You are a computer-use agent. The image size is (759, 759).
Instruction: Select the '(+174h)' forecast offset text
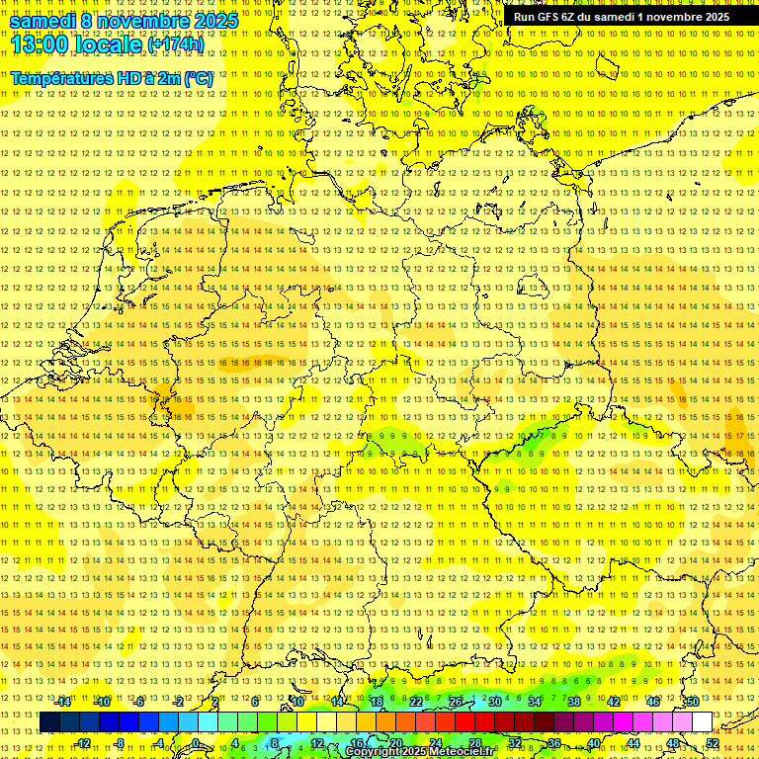coord(176,44)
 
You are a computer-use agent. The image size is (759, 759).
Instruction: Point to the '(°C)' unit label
coord(199,78)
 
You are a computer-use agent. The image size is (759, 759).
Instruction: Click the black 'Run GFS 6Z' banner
coord(621,17)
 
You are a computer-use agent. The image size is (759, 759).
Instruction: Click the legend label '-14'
coord(63,702)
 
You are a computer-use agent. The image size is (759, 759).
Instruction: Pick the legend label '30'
coord(494,702)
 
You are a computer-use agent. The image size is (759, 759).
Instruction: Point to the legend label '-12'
coord(83,743)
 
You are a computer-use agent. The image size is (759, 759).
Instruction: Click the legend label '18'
coord(377,702)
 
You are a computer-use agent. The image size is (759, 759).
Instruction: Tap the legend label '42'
coord(613,702)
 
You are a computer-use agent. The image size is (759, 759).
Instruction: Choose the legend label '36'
coord(554,743)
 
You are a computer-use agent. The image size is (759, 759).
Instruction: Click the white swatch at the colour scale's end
coord(702,722)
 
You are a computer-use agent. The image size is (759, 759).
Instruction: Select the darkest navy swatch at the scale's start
coord(50,722)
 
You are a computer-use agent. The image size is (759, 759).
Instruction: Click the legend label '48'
coord(673,743)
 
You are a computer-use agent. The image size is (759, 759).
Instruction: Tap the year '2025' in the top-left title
coord(216,21)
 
